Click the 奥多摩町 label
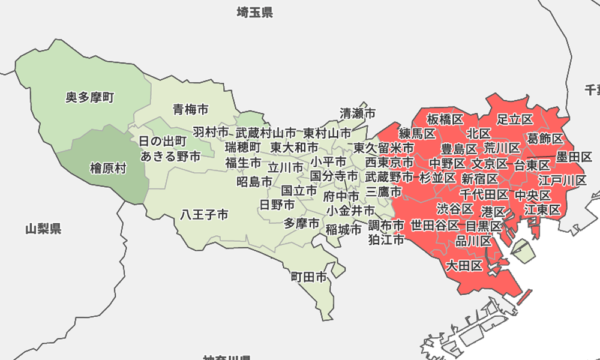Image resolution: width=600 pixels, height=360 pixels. pyautogui.click(x=90, y=97)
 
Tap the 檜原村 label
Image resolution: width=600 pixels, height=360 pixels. pyautogui.click(x=108, y=169)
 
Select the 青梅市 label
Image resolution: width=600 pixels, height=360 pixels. pyautogui.click(x=191, y=109)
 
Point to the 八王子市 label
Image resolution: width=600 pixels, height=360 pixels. pyautogui.click(x=205, y=214)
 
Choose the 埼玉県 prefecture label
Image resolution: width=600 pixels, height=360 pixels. pyautogui.click(x=254, y=12)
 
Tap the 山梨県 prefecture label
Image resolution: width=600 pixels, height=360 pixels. pyautogui.click(x=43, y=229)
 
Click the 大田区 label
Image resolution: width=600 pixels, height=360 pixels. pyautogui.click(x=464, y=265)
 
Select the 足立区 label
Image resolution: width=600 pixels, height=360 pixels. pyautogui.click(x=515, y=118)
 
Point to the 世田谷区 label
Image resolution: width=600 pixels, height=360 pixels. pyautogui.click(x=434, y=226)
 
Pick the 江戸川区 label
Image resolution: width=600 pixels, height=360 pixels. pyautogui.click(x=562, y=180)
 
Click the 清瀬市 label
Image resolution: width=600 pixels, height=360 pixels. pyautogui.click(x=358, y=113)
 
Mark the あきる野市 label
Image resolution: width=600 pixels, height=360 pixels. pyautogui.click(x=171, y=157)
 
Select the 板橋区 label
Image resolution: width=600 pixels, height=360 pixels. pyautogui.click(x=445, y=118)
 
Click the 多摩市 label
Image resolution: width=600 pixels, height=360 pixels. pyautogui.click(x=302, y=224)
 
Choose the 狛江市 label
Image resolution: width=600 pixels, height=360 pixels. pyautogui.click(x=386, y=240)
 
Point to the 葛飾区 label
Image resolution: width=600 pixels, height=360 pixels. pyautogui.click(x=545, y=139)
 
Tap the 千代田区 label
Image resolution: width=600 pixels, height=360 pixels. pyautogui.click(x=484, y=194)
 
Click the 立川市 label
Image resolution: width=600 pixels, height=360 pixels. pyautogui.click(x=286, y=167)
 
